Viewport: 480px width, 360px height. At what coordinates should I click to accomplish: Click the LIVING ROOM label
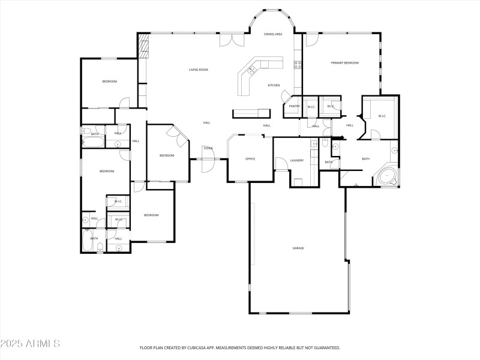tap(198, 70)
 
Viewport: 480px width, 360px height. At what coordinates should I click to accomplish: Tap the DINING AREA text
tap(273, 34)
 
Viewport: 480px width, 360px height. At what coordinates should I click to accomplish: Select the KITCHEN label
tap(274, 85)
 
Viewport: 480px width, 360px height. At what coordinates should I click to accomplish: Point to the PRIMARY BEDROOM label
tap(344, 62)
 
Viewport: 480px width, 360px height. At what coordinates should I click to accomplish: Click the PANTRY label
tap(294, 106)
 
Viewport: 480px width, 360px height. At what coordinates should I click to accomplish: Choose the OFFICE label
tap(250, 159)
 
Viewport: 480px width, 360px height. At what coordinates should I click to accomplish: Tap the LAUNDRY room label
tap(296, 160)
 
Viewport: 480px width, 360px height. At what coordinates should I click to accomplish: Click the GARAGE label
tap(298, 248)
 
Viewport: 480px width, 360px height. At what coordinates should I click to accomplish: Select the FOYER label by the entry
tap(208, 148)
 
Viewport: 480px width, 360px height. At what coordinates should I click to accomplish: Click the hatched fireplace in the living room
tap(143, 46)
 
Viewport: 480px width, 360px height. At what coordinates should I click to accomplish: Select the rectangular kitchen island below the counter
tap(251, 112)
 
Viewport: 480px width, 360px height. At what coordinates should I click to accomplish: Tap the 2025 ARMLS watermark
tap(30, 344)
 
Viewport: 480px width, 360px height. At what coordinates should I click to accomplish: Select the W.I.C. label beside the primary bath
tap(382, 116)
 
